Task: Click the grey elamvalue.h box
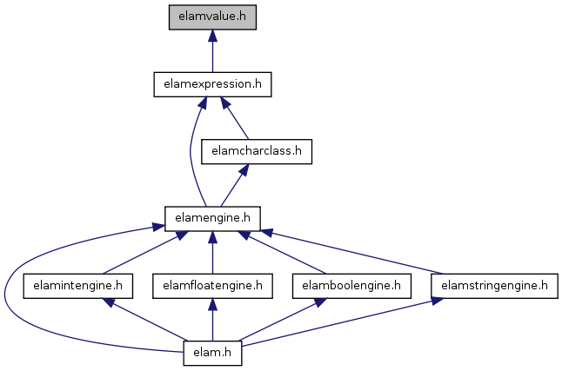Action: click(212, 17)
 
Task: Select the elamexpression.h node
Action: click(212, 84)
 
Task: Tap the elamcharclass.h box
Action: click(257, 151)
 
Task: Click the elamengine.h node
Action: click(212, 218)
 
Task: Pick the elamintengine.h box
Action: click(77, 286)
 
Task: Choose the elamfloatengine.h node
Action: click(212, 286)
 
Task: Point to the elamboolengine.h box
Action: click(351, 286)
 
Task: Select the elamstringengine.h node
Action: click(495, 286)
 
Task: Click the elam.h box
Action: click(212, 353)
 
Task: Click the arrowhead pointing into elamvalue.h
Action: click(212, 35)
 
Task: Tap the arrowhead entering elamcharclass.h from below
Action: click(244, 169)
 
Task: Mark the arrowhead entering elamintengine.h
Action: click(108, 302)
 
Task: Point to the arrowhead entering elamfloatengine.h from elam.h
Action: click(212, 304)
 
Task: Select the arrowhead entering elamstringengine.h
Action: click(438, 301)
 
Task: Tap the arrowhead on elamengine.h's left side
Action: click(158, 227)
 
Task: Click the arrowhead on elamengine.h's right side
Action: click(267, 233)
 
